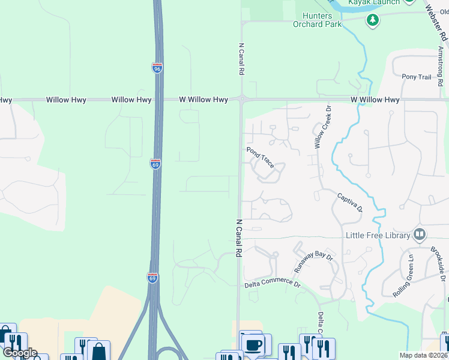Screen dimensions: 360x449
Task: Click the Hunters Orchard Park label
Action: point(317,20)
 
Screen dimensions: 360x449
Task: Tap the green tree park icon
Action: point(373,20)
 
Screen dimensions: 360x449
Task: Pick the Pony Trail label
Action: point(417,77)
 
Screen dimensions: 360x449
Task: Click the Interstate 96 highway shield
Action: point(157,68)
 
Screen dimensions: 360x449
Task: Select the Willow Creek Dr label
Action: point(323,127)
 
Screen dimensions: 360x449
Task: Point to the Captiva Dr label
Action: point(349,202)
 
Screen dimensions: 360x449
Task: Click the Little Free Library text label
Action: point(378,235)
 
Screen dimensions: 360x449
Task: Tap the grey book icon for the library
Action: point(420,234)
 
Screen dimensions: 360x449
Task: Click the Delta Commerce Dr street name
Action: point(272,283)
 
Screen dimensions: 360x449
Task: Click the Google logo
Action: point(19,353)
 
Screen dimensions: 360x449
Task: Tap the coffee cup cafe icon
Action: point(253,345)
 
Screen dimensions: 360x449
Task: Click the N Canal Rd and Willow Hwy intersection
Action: point(241,100)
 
